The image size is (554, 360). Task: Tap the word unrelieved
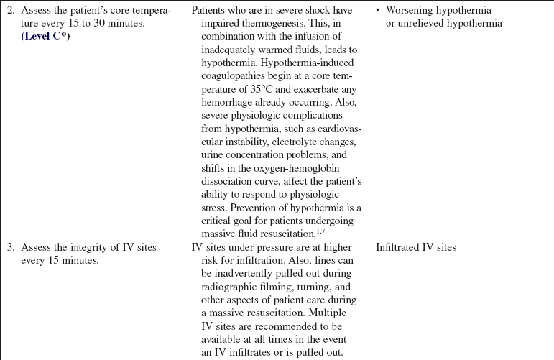click(420, 23)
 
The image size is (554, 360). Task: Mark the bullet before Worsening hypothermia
click(379, 11)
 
